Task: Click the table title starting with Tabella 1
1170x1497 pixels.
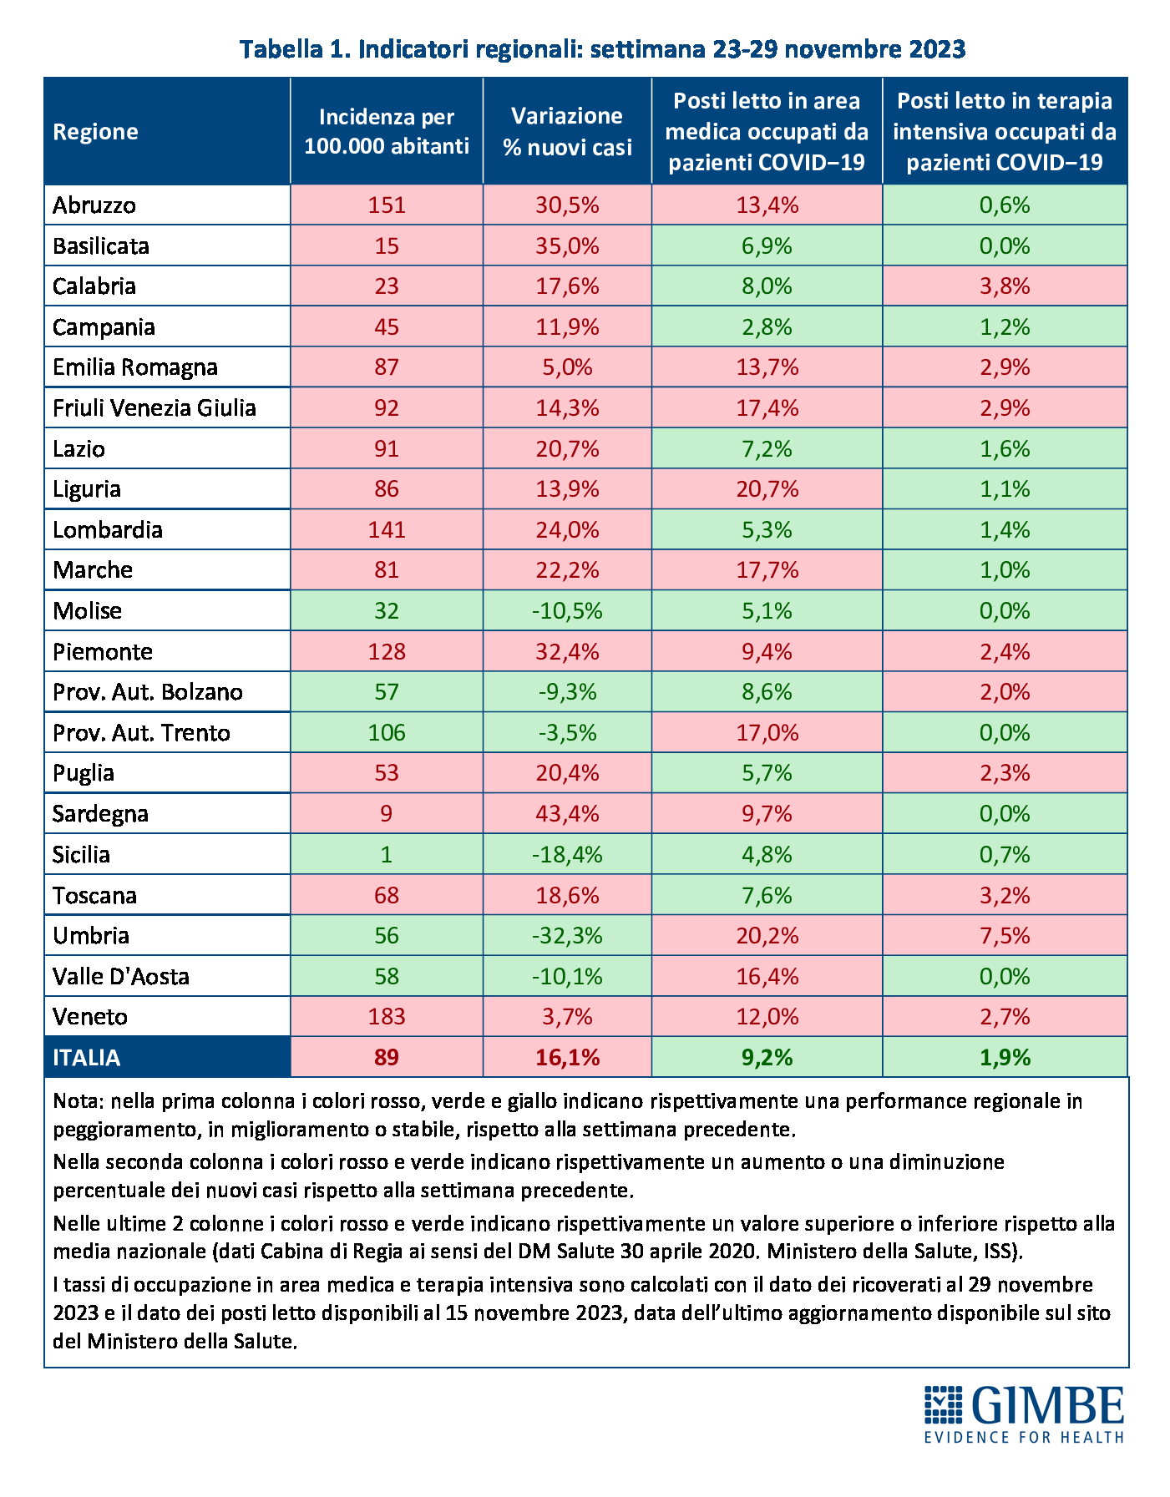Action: coord(603,49)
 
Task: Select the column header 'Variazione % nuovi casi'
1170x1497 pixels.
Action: coord(567,131)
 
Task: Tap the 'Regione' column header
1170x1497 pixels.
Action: coord(95,132)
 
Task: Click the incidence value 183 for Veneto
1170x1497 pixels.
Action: coord(387,1017)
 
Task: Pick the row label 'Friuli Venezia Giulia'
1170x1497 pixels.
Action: coord(154,408)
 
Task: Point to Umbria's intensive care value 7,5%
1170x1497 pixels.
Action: coord(1005,936)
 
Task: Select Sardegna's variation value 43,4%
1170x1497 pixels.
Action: coord(567,814)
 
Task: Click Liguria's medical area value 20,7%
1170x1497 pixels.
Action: coord(767,489)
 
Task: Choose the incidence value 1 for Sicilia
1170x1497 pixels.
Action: coord(387,855)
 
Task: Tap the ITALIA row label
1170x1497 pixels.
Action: coord(86,1058)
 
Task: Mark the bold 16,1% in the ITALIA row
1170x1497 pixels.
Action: coord(567,1058)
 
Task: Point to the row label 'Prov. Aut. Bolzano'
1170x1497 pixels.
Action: coord(147,692)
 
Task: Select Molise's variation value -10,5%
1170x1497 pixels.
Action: coord(567,611)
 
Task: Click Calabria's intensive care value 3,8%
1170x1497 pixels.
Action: coord(1005,286)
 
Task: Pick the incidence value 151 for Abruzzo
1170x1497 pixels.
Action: coord(387,205)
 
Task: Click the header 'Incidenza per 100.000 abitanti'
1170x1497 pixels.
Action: coord(387,131)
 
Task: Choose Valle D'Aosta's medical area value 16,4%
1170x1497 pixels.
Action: coord(767,977)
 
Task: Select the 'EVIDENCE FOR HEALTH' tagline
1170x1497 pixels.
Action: coord(1023,1437)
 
